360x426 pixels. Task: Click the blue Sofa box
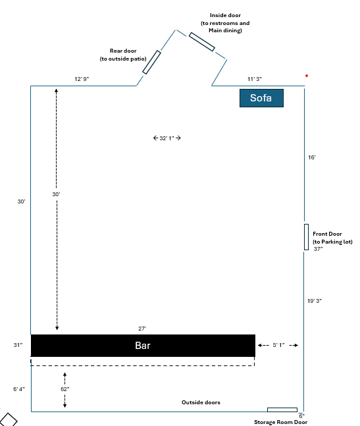click(x=261, y=98)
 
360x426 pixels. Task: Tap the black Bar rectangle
click(x=143, y=346)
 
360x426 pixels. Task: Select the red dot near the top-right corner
click(x=307, y=76)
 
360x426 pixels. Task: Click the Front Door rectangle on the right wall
click(x=306, y=237)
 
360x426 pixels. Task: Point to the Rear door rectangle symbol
click(x=151, y=62)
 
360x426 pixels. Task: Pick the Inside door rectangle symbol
click(x=202, y=42)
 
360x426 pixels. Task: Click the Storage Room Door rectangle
click(x=282, y=410)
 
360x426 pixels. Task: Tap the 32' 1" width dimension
click(x=167, y=138)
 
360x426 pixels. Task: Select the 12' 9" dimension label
click(x=82, y=79)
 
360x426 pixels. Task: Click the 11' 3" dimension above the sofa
click(x=255, y=79)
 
